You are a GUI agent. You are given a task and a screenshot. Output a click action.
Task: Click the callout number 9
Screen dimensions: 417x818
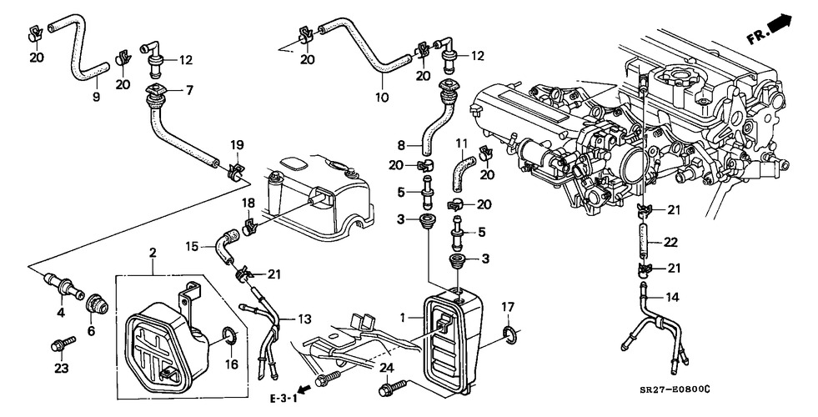tap(95, 98)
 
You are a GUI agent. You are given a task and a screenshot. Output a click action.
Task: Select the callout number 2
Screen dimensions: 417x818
tap(153, 252)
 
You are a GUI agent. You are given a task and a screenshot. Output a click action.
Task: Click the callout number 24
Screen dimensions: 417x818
tap(386, 368)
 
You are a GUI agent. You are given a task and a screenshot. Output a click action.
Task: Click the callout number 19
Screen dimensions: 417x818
tap(236, 144)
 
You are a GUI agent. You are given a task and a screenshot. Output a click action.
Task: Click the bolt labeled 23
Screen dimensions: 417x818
tap(61, 342)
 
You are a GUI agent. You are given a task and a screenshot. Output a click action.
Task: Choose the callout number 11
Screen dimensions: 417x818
tap(460, 143)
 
